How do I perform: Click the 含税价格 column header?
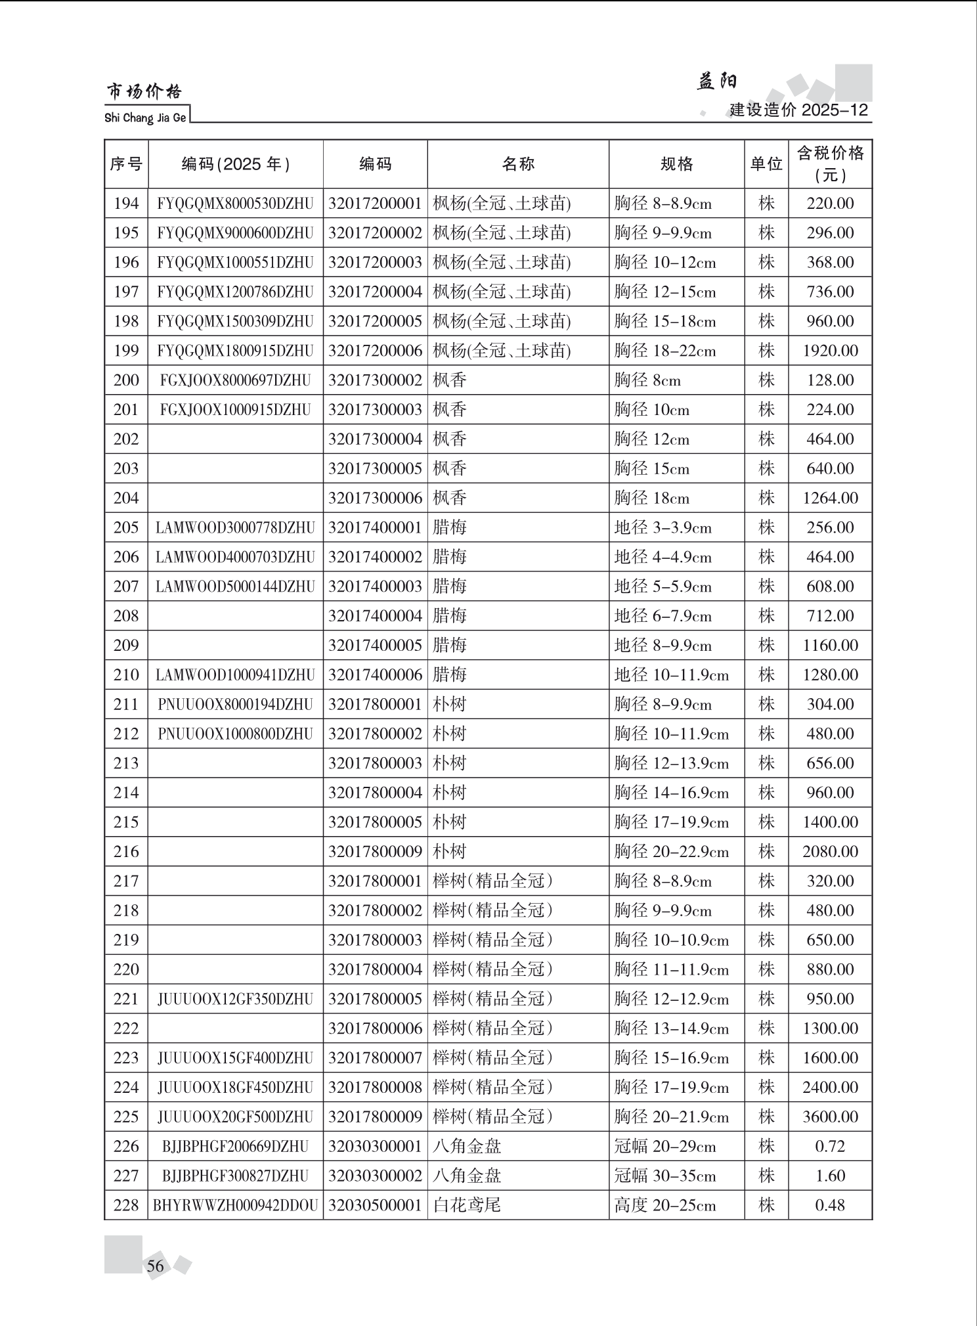click(830, 164)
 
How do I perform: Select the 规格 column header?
click(676, 164)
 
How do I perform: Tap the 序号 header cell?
click(126, 164)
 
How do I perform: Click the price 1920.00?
click(830, 351)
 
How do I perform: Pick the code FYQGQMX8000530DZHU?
click(235, 204)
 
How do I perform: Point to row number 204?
click(126, 498)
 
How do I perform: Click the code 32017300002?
click(375, 380)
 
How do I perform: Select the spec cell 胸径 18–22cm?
click(664, 351)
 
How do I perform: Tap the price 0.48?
click(830, 1205)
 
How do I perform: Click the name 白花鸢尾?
click(467, 1205)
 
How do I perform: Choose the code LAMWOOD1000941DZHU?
click(235, 674)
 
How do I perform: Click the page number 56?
click(156, 1266)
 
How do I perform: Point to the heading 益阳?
click(716, 81)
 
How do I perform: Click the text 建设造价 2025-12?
click(798, 110)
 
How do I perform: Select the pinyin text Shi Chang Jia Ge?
click(145, 118)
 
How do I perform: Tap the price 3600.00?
click(830, 1116)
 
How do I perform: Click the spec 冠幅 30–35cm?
click(664, 1176)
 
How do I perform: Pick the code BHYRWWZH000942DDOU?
click(235, 1205)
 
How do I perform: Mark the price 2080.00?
click(830, 851)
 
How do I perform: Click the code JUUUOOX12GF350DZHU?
click(235, 999)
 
